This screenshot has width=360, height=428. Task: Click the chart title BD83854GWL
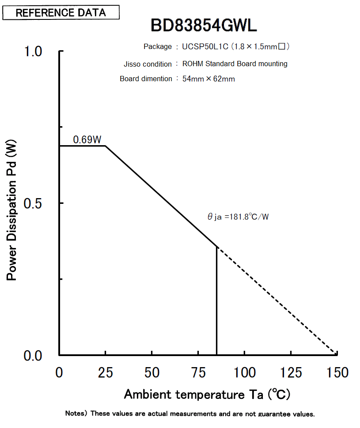click(x=204, y=26)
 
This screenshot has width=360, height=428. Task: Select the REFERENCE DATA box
click(x=61, y=12)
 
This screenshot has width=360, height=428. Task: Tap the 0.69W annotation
click(x=87, y=140)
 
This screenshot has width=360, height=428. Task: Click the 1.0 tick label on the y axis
click(x=32, y=51)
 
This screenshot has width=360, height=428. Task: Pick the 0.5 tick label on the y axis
click(x=32, y=203)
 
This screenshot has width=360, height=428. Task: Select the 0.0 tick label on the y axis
click(x=32, y=356)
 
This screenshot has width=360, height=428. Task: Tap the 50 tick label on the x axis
click(x=152, y=372)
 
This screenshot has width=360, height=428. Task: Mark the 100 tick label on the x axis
click(x=244, y=372)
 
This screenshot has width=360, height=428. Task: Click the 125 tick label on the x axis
click(x=291, y=372)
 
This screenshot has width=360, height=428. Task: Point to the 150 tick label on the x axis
click(x=337, y=372)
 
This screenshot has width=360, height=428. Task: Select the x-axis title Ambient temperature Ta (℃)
click(x=207, y=394)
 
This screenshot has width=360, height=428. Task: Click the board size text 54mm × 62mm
click(x=208, y=79)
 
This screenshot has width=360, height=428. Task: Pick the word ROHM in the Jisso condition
click(x=192, y=64)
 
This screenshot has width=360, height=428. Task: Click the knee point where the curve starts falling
click(x=105, y=146)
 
